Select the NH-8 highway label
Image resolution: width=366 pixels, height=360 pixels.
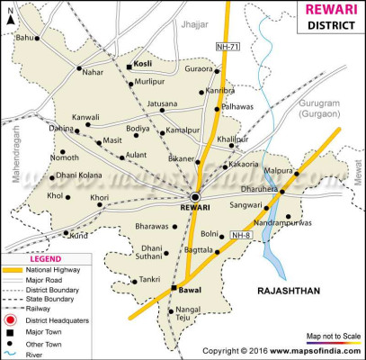[x=240, y=236]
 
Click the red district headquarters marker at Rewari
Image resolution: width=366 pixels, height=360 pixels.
[x=195, y=197]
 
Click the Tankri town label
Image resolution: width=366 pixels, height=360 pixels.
[x=149, y=280]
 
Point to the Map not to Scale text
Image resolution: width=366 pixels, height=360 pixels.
[x=334, y=337]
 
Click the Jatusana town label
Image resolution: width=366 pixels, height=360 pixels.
[x=163, y=103]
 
